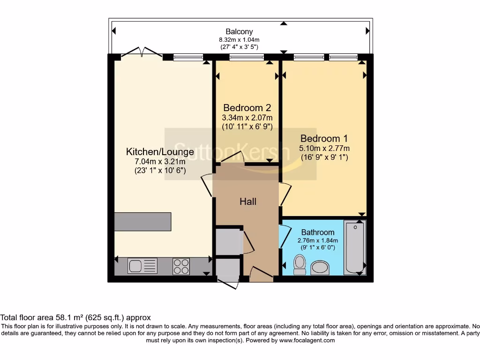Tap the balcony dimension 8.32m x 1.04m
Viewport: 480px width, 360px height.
[x=240, y=40]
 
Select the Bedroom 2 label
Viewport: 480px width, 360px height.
[x=247, y=107]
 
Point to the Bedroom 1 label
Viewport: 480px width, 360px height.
[x=324, y=139]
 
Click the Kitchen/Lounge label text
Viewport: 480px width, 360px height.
[x=160, y=152]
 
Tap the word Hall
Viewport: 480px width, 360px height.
[x=248, y=202]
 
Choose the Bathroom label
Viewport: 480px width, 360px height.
[x=318, y=232]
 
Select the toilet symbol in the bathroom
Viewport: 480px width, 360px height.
[x=299, y=265]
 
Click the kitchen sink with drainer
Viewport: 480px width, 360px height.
[x=142, y=266]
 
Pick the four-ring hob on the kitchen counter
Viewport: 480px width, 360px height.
[x=181, y=266]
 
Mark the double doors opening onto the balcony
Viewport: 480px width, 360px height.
[x=142, y=52]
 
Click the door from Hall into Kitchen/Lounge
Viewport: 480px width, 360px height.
[x=207, y=186]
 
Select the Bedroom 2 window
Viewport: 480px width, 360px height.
[x=247, y=58]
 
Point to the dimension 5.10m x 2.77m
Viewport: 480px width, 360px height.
[x=324, y=149]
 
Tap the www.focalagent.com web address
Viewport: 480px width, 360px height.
[x=307, y=340]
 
